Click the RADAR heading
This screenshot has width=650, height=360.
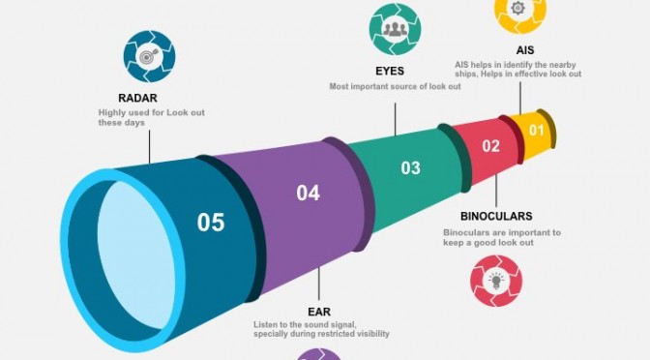(x=137, y=99)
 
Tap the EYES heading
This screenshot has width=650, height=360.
(x=390, y=72)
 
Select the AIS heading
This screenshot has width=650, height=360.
(x=525, y=50)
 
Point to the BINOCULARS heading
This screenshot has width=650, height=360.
(x=496, y=216)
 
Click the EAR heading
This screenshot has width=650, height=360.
(x=319, y=312)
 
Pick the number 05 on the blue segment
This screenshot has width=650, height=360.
(x=211, y=223)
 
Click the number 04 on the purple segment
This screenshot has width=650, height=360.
(x=308, y=194)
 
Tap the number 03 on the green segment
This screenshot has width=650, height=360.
(x=410, y=168)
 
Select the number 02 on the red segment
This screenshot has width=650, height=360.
(x=490, y=146)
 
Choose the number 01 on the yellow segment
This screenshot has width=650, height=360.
(x=537, y=131)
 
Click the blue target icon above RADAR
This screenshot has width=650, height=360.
(x=149, y=56)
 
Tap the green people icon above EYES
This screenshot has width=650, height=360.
(x=395, y=29)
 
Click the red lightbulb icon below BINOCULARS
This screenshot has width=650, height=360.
(x=496, y=282)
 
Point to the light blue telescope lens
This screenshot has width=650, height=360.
(x=136, y=255)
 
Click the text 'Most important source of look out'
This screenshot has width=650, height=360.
(x=395, y=87)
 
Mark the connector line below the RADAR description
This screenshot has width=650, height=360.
(x=150, y=147)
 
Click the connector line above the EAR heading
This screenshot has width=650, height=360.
(x=319, y=284)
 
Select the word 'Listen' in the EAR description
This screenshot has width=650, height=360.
(x=265, y=325)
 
